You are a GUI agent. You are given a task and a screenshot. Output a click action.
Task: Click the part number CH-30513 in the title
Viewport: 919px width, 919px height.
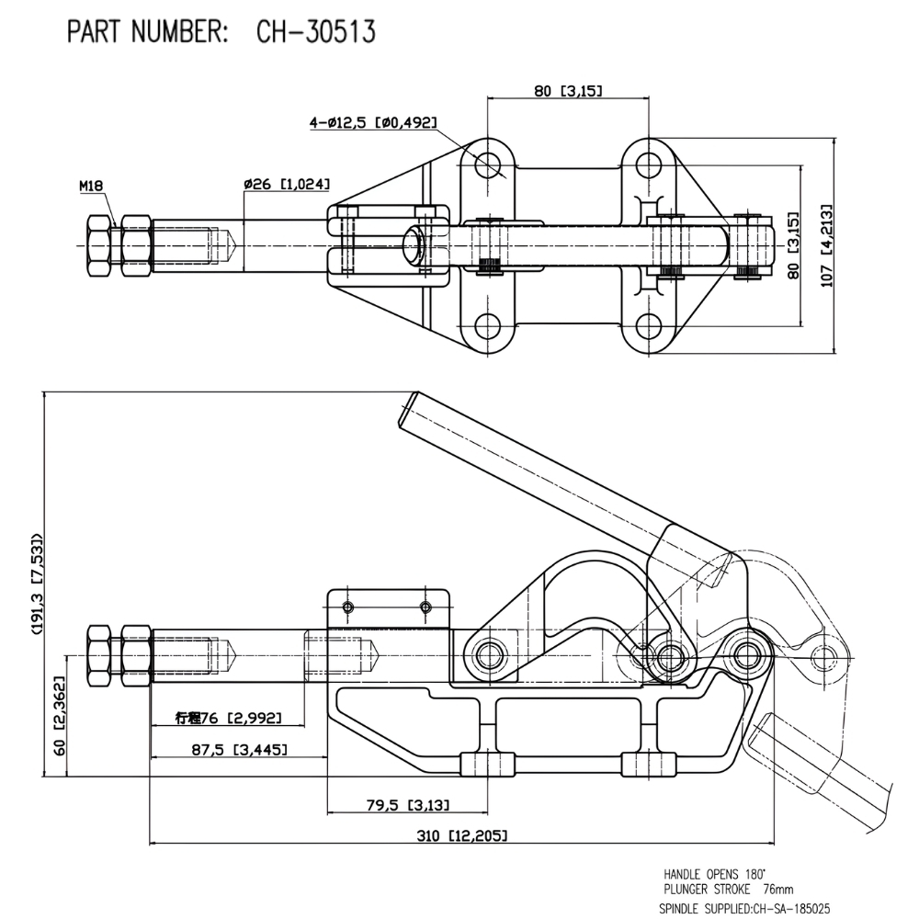tap(316, 31)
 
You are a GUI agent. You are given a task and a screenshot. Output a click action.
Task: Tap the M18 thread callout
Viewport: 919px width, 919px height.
tap(91, 186)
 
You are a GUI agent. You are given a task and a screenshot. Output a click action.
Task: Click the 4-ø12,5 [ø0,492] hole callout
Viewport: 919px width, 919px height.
tap(373, 122)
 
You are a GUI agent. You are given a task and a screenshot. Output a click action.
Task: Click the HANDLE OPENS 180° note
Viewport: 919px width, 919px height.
tap(714, 874)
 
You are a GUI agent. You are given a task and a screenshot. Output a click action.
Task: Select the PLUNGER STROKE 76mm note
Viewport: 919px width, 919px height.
tap(729, 889)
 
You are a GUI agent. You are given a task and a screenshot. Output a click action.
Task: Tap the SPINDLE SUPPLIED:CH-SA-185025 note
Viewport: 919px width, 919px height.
tap(744, 908)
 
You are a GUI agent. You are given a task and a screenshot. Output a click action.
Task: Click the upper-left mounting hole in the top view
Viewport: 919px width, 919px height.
tap(488, 165)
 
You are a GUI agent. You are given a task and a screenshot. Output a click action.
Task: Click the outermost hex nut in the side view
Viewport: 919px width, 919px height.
tap(98, 655)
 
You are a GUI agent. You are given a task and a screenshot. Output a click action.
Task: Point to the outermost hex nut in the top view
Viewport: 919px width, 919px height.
tap(98, 245)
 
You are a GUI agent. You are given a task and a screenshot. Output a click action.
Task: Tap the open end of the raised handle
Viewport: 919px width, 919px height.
tap(410, 410)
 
